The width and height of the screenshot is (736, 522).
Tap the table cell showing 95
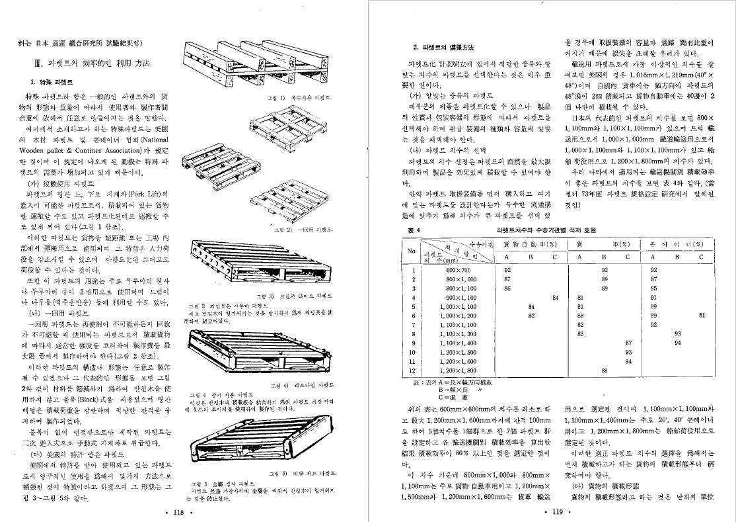tap(653, 288)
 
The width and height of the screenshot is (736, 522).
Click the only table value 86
tap(507, 288)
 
